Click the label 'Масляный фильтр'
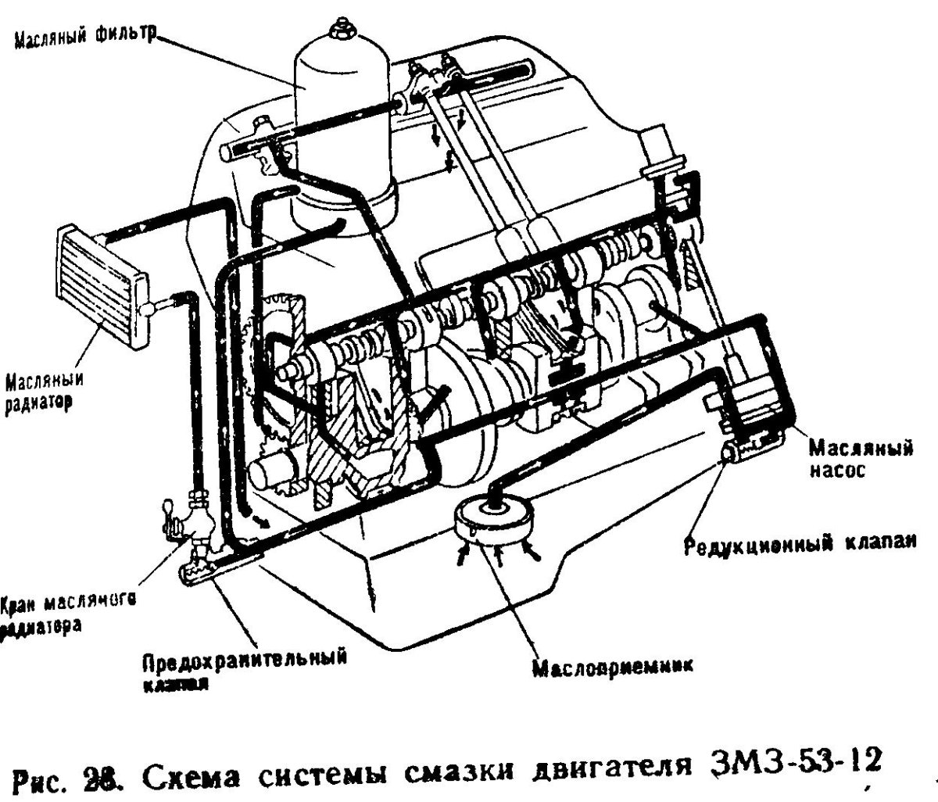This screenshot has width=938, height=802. (84, 36)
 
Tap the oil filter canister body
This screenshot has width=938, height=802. (341, 117)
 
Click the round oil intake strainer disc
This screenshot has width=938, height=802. (494, 519)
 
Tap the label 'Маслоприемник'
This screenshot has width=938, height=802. (613, 669)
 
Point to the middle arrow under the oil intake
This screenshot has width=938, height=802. (497, 555)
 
